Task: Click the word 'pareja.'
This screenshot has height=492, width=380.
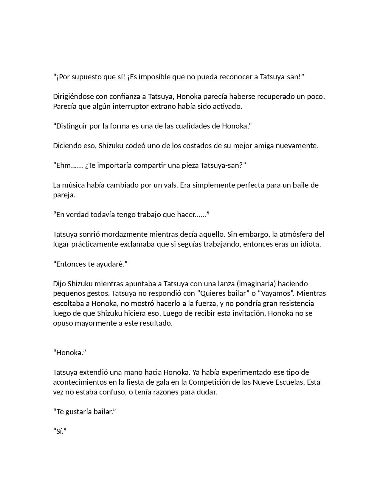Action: (64, 195)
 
